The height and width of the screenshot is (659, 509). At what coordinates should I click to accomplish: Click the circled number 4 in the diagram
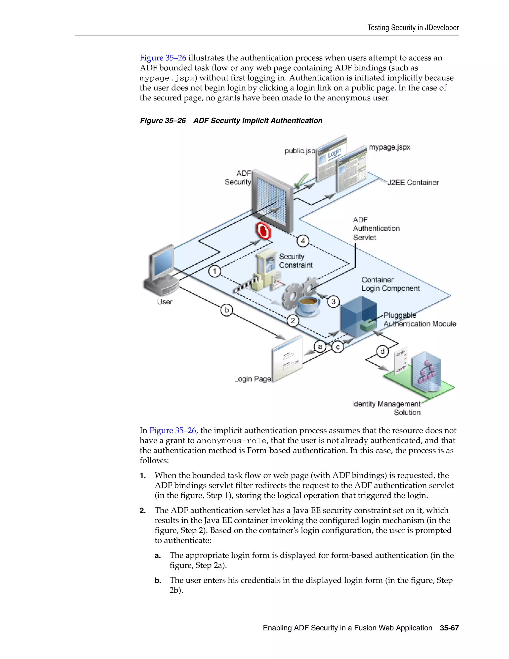click(303, 241)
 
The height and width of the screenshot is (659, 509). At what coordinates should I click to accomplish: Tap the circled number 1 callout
click(214, 271)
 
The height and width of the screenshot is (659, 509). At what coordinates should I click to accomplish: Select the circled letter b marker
click(226, 310)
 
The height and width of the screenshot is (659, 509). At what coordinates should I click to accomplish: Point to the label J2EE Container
click(413, 183)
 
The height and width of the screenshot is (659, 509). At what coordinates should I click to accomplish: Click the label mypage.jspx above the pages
click(389, 147)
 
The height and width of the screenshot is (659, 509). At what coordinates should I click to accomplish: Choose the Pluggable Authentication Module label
click(420, 320)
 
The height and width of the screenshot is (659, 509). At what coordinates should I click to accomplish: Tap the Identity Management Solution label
click(386, 408)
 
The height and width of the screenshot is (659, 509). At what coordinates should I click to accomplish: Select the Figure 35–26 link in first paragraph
click(163, 58)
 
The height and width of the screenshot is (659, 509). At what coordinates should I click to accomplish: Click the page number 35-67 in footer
click(449, 628)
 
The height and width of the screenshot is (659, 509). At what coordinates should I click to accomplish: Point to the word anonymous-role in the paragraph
click(231, 441)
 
